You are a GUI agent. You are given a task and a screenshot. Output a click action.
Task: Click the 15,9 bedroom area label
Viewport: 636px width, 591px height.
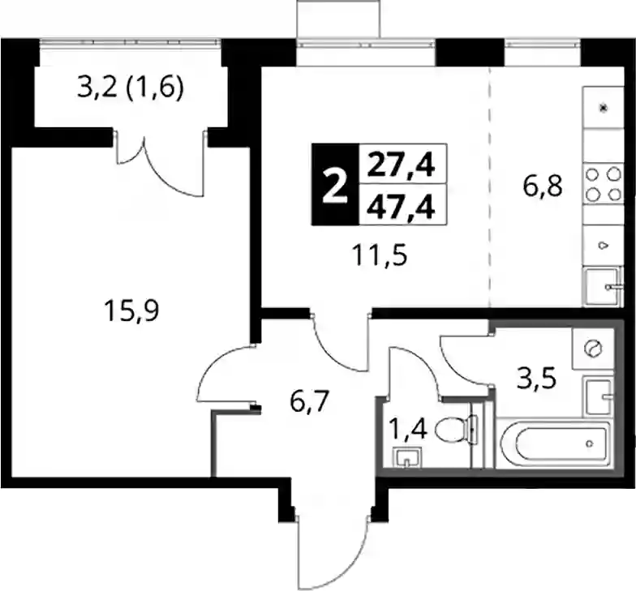(x=131, y=310)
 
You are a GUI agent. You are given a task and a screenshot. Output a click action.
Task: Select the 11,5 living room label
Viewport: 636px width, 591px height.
(x=380, y=256)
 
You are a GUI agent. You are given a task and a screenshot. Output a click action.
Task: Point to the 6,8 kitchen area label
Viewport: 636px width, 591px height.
(x=542, y=186)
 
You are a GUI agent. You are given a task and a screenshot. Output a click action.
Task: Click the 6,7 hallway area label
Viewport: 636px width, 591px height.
(x=308, y=402)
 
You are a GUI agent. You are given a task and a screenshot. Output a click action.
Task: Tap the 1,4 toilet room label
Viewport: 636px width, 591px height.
(x=407, y=430)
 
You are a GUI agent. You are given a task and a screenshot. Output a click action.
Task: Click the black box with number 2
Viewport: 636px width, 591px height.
(x=335, y=184)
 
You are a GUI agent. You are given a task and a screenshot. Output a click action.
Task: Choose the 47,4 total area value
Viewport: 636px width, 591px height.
(x=401, y=207)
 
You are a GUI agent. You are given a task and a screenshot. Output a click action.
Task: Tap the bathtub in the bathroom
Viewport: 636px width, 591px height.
(x=553, y=444)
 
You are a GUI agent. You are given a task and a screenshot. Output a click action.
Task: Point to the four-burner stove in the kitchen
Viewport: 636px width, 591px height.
(x=604, y=183)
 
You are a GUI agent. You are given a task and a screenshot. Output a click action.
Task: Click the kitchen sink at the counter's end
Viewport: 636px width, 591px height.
(x=604, y=287)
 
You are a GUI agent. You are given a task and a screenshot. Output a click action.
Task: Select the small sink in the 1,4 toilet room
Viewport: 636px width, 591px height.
(x=407, y=459)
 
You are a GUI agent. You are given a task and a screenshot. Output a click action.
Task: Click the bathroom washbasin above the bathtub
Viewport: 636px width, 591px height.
(x=597, y=396)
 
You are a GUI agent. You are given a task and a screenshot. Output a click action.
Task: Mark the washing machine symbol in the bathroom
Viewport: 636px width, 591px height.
(x=592, y=349)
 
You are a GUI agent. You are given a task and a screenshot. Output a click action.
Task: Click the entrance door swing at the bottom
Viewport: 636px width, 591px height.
(x=333, y=549)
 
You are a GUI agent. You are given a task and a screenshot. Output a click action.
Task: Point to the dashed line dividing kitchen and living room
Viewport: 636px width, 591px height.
(x=490, y=186)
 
